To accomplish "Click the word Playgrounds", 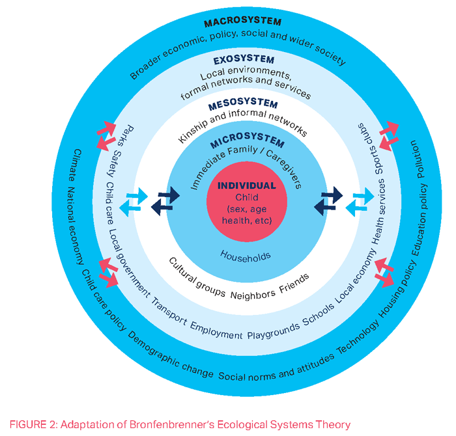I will pyautogui.click(x=274, y=332).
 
